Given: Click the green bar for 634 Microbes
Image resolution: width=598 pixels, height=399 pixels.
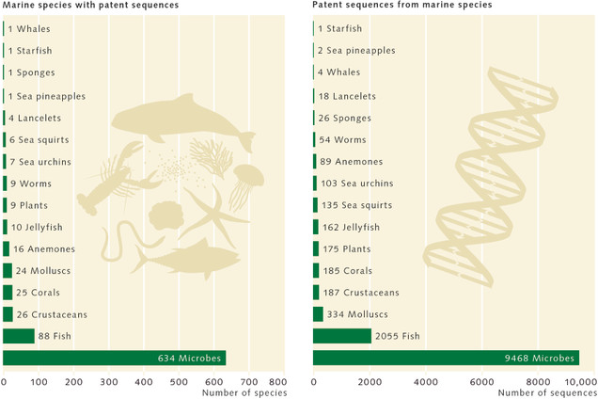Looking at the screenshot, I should [114, 358].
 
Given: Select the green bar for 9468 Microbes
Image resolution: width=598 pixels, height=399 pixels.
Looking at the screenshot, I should [446, 358].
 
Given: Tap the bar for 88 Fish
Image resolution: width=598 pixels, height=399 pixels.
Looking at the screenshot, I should [19, 336].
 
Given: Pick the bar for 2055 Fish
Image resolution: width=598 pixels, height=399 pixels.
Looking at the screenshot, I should [342, 336].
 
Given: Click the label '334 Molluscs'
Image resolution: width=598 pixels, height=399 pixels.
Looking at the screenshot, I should [354, 314].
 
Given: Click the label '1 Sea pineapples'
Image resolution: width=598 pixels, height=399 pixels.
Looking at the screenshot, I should [46, 96].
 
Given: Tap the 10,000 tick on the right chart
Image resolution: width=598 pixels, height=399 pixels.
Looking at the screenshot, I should [580, 382].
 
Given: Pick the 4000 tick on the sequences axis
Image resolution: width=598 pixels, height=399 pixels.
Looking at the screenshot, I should [426, 382].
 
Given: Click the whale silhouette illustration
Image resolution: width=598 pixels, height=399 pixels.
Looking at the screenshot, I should [188, 122].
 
